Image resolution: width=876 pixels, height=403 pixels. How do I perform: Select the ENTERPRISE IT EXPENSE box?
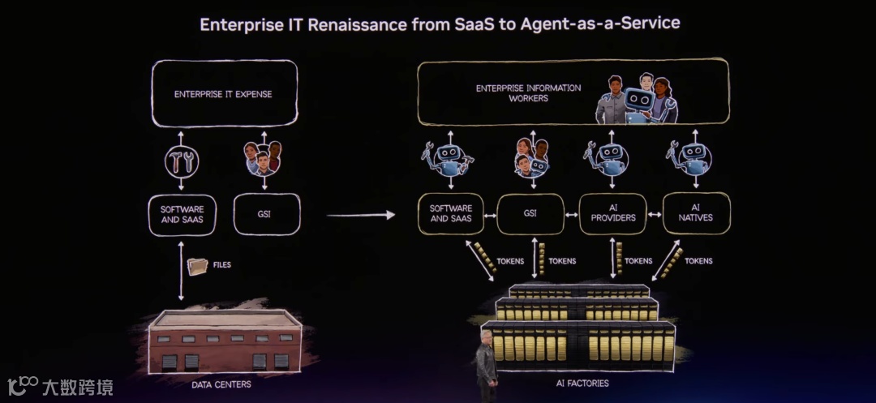(223, 94)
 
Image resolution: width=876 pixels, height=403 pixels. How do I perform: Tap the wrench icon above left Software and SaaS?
(181, 162)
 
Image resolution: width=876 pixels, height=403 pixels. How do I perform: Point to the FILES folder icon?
(197, 266)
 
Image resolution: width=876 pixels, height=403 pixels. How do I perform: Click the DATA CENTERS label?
(221, 384)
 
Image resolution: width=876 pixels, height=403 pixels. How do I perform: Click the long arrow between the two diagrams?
(360, 215)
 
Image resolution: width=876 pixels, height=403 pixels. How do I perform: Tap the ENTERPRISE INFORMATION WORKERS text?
(528, 92)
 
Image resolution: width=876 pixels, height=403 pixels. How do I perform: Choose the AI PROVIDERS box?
(612, 213)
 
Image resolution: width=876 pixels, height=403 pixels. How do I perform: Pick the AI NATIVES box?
(697, 213)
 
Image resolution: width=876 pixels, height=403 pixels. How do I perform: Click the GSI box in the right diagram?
(529, 213)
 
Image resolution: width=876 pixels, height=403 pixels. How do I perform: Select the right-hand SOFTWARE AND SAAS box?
(450, 213)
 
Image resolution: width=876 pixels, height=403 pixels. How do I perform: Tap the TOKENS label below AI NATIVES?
(698, 261)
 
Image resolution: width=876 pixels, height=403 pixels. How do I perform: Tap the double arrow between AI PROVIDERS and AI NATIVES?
(655, 215)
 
